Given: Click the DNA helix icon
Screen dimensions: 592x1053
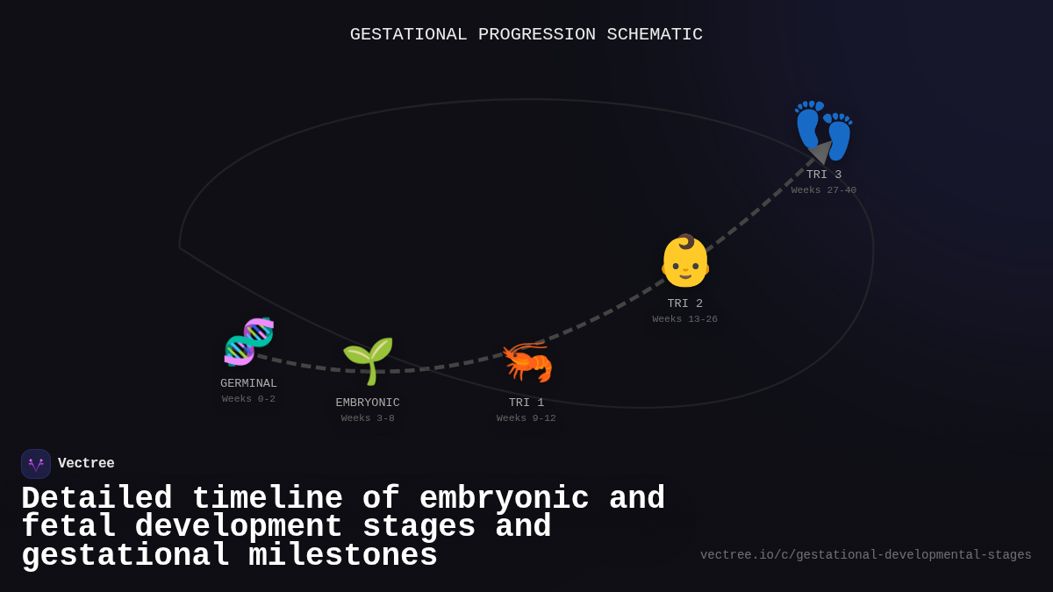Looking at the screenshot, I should coord(248,341).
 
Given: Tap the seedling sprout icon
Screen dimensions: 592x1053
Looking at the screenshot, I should coord(368,360).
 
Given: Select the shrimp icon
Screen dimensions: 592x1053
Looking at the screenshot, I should coord(526,360).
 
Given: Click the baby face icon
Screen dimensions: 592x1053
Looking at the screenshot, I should coord(684,260).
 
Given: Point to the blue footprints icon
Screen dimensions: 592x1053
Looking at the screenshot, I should coord(824,130).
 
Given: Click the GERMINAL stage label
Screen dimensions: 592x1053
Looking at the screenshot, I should coord(248,383).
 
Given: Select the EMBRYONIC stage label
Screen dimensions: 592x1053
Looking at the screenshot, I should coord(368,403).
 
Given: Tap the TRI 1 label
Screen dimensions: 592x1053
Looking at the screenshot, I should coord(526,403).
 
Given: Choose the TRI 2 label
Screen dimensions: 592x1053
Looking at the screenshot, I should coord(684,303).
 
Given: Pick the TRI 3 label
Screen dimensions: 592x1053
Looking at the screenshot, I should coord(824,175).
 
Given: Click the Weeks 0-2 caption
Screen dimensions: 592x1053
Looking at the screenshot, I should coord(248,399).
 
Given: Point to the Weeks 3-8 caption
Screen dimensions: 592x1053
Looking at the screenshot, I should coord(368,418).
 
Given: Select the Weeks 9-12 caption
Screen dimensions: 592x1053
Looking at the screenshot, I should coord(526,418).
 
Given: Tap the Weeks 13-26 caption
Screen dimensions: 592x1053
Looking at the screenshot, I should coord(684,319).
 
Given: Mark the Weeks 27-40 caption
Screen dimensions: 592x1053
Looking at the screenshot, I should coord(824,190).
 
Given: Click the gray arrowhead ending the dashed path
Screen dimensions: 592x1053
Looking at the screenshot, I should coord(820,152).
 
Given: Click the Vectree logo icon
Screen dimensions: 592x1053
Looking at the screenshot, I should coord(36,464).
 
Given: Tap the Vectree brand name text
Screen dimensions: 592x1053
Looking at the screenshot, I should coord(86,464).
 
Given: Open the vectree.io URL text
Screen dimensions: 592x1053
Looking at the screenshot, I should coord(865,555).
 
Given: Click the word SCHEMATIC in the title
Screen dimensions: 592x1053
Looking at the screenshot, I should coord(655,34).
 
